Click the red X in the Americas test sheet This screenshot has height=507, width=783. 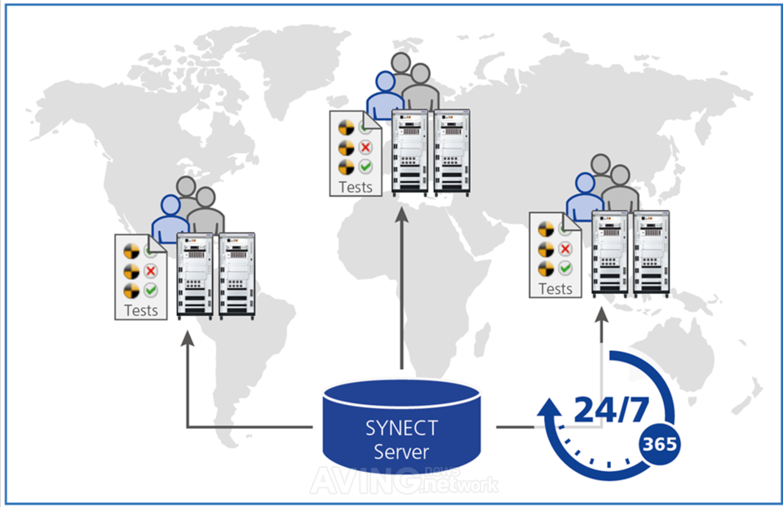(x=151, y=270)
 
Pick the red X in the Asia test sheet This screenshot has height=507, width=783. (x=565, y=248)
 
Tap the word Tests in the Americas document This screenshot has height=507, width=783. (x=141, y=310)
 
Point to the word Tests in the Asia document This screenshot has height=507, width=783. (x=555, y=288)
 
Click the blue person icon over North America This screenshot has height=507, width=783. (x=170, y=218)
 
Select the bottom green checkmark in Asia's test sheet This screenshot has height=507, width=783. (x=565, y=268)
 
